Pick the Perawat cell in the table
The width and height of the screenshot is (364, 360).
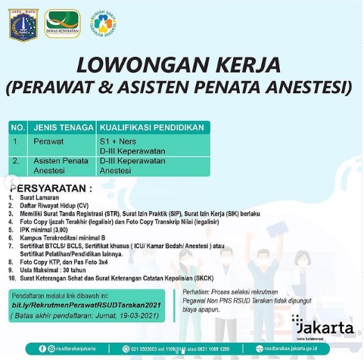point(48,141)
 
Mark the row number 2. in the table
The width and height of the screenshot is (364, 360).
point(17,162)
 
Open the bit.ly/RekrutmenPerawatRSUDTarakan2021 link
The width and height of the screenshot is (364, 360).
point(89,305)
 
